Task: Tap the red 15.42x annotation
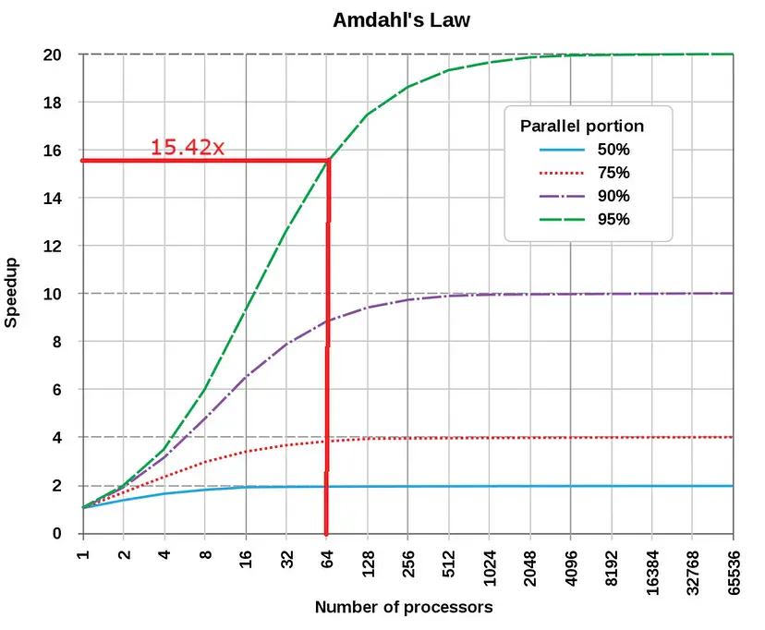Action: pyautogui.click(x=187, y=147)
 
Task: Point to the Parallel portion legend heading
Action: pyautogui.click(x=582, y=126)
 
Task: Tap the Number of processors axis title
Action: pyautogui.click(x=403, y=607)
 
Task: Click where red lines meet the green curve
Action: pyautogui.click(x=328, y=161)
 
